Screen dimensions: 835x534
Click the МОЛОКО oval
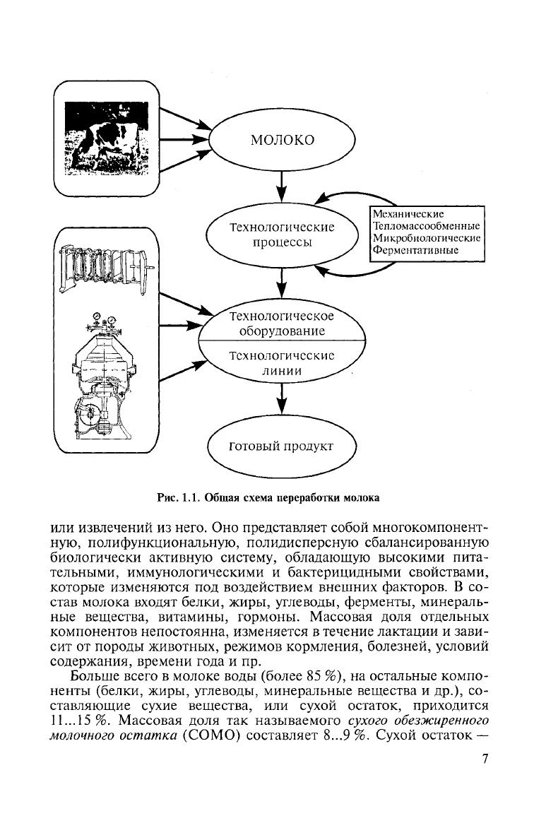[282, 139]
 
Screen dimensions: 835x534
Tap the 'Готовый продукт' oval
[282, 447]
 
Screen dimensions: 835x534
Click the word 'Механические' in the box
[408, 213]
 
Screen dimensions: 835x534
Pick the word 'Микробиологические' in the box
[426, 237]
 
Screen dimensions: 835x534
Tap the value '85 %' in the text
[318, 689]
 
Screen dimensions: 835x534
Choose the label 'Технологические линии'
[282, 362]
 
